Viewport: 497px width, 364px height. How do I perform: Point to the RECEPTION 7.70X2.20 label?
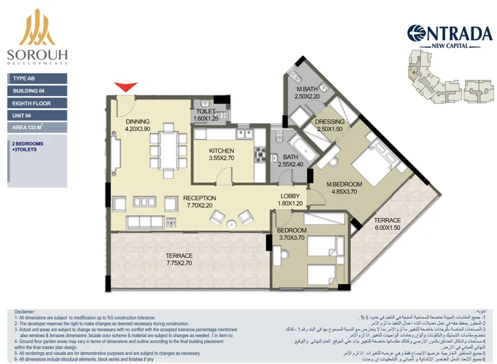pyautogui.click(x=200, y=202)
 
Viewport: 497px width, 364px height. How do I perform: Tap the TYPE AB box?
pyautogui.click(x=38, y=79)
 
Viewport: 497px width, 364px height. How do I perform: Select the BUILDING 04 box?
pyautogui.click(x=38, y=91)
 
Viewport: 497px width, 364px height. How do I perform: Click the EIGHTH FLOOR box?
pyautogui.click(x=38, y=103)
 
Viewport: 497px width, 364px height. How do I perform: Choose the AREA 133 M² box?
pyautogui.click(x=38, y=128)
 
